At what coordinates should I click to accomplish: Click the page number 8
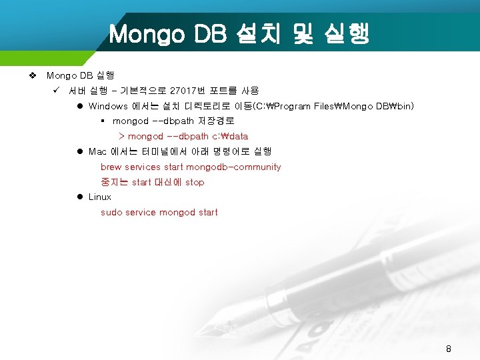[x=449, y=349]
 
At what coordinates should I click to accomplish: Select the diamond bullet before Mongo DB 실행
[x=33, y=75]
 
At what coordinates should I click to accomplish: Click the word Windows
[x=108, y=106]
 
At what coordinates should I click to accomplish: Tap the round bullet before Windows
[x=79, y=106]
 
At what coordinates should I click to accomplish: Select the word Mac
[x=97, y=151]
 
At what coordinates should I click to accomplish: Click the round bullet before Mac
[x=79, y=151]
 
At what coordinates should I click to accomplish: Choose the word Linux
[x=100, y=197]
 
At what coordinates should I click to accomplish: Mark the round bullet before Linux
[x=79, y=197]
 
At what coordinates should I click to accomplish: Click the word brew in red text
[x=111, y=167]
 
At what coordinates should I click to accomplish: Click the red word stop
[x=195, y=182]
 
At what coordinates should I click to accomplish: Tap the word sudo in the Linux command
[x=111, y=212]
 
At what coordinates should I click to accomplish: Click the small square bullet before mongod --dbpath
[x=103, y=121]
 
